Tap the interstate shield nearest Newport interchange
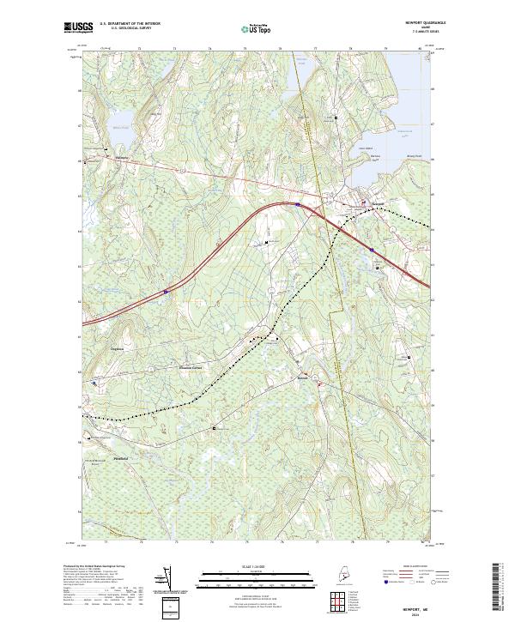[x=297, y=204]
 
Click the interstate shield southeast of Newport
[x=371, y=250]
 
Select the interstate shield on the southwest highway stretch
[x=167, y=292]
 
